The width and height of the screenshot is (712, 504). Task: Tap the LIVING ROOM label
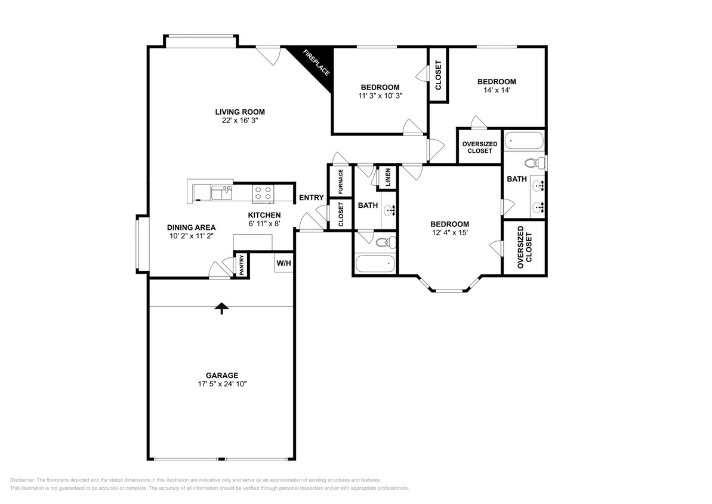coord(240,112)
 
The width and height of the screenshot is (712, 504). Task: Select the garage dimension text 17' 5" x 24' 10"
coord(222,384)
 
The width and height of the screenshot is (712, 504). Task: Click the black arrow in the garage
coord(221,308)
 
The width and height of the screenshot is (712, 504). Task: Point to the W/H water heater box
coord(284,263)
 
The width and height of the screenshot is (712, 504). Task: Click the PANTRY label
coord(242,265)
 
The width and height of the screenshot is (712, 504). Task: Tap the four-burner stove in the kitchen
coord(263,193)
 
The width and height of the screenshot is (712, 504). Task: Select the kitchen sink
coord(221,193)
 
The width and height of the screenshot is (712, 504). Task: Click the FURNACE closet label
coord(341,182)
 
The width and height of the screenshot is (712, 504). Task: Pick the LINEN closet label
coord(388,177)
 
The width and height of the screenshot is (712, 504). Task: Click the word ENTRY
coord(312,197)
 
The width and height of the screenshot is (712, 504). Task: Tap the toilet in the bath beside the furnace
coord(386,242)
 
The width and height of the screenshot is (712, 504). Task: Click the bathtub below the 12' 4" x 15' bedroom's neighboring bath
coord(375,263)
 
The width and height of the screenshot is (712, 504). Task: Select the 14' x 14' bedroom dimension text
coord(497,90)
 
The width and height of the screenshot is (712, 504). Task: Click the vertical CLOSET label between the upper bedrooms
coord(439,75)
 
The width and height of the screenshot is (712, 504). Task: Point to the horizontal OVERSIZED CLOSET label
coord(480,147)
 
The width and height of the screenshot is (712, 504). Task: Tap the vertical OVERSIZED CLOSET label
coord(525,247)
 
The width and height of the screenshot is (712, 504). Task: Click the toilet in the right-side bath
coord(535,162)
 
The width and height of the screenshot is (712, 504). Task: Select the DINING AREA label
coord(191,228)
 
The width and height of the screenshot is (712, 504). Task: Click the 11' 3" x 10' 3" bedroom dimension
coord(381,96)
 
